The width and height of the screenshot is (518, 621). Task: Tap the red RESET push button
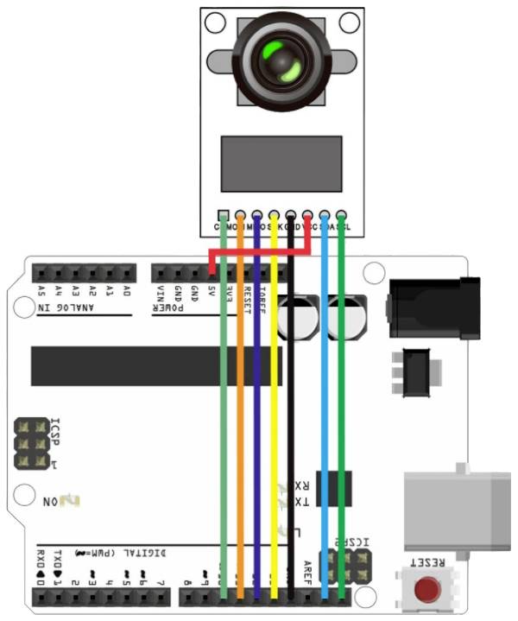[425, 590]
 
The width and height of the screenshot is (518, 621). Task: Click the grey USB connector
[458, 512]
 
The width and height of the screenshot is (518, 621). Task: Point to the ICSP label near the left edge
[55, 428]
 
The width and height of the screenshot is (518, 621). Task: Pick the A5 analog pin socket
[42, 273]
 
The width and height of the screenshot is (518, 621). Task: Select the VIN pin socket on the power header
[161, 273]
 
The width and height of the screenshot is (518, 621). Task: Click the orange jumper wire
[240, 415]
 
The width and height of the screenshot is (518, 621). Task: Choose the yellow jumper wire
[274, 415]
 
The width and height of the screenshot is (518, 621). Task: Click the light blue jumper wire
[325, 415]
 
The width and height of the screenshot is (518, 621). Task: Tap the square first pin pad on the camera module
[223, 214]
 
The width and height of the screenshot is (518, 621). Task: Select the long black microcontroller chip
[155, 366]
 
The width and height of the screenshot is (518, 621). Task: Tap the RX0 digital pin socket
[41, 596]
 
